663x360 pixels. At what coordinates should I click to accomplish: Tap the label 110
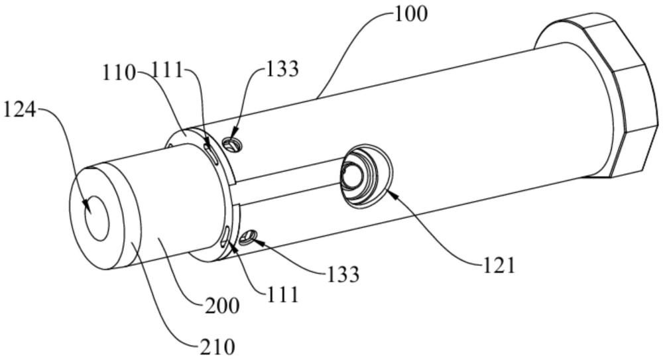click(x=119, y=73)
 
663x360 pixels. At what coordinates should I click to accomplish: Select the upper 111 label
click(x=167, y=70)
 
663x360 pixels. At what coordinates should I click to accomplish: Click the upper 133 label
click(x=282, y=68)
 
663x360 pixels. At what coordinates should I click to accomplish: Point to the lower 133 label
click(x=343, y=274)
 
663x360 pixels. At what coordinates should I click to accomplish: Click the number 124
click(x=19, y=111)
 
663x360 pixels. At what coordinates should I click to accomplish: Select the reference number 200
click(x=222, y=306)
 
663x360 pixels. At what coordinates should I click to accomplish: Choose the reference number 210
click(x=217, y=347)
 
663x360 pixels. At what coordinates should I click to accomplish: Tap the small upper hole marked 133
click(x=233, y=145)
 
